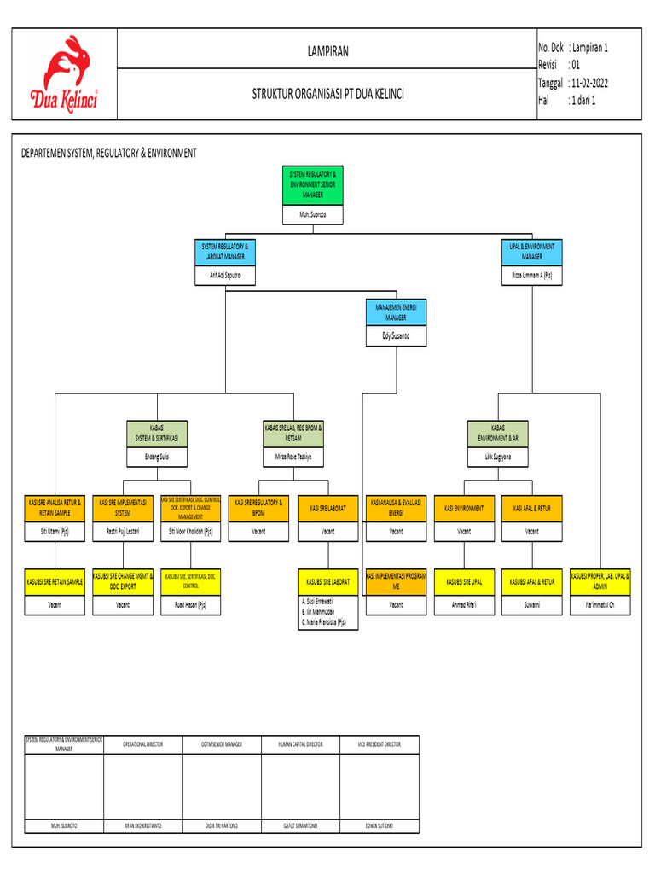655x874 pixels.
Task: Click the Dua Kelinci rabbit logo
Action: tap(64, 73)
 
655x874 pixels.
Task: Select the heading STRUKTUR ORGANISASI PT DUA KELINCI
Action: tap(327, 94)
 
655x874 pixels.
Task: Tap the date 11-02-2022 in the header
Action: tap(588, 83)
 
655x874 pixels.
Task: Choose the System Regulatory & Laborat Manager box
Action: tap(225, 251)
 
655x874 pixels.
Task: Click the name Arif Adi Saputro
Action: tap(225, 276)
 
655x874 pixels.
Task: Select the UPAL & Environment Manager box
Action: tap(531, 251)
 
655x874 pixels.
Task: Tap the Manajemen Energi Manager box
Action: tap(396, 312)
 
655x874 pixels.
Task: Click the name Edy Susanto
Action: tap(396, 337)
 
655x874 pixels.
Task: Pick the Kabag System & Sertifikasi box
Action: tap(157, 433)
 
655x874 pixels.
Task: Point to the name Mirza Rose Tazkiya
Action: tap(294, 457)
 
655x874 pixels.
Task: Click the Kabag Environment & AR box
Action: tap(497, 433)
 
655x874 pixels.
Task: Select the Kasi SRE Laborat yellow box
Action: tap(327, 508)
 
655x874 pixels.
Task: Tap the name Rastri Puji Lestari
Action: tap(123, 531)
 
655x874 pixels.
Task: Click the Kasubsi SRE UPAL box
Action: tap(464, 581)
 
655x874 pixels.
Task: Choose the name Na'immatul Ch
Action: tap(600, 605)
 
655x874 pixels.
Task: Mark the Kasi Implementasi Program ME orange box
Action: tap(396, 581)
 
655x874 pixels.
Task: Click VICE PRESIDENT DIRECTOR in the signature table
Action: tap(379, 744)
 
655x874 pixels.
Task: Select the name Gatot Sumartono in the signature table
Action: tap(300, 826)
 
